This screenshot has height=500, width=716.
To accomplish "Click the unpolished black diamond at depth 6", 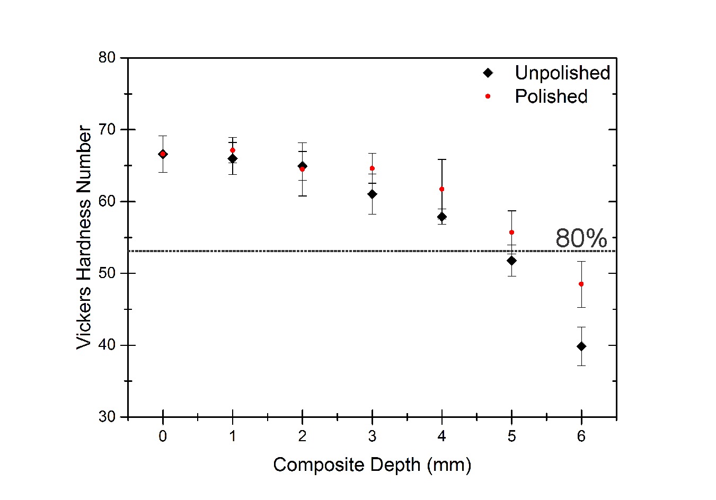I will (x=581, y=346).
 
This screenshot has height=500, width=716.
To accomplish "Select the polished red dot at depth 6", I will (x=581, y=284).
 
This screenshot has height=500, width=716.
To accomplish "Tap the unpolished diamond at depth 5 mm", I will (x=511, y=261).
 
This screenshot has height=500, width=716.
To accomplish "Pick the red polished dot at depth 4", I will (x=441, y=189).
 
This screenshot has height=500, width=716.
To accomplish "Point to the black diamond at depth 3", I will (x=372, y=194).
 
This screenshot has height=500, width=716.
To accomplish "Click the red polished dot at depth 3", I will (x=372, y=168).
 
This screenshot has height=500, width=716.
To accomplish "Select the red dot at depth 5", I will (x=511, y=232).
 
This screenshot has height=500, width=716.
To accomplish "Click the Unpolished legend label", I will (x=562, y=73).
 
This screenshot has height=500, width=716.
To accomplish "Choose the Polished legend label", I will (x=551, y=96).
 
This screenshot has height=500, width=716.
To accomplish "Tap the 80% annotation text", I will (x=581, y=238).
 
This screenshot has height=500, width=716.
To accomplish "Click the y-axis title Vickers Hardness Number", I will (x=84, y=237).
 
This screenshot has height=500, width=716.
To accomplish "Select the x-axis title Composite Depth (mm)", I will (x=372, y=465).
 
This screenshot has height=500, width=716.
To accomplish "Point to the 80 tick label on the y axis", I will (x=107, y=57).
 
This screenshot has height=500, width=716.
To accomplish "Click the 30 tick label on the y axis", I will (x=107, y=417).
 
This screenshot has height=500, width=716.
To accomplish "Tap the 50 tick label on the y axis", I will (x=107, y=273).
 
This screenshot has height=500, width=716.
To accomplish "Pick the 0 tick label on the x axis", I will (x=163, y=436).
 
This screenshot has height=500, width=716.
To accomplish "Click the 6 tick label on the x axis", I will (x=581, y=436).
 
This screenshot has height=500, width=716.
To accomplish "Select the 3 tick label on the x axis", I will (x=372, y=436).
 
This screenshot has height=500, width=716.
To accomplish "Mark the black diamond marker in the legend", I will (x=488, y=73).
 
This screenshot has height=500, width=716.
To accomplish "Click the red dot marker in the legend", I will (x=488, y=96).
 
